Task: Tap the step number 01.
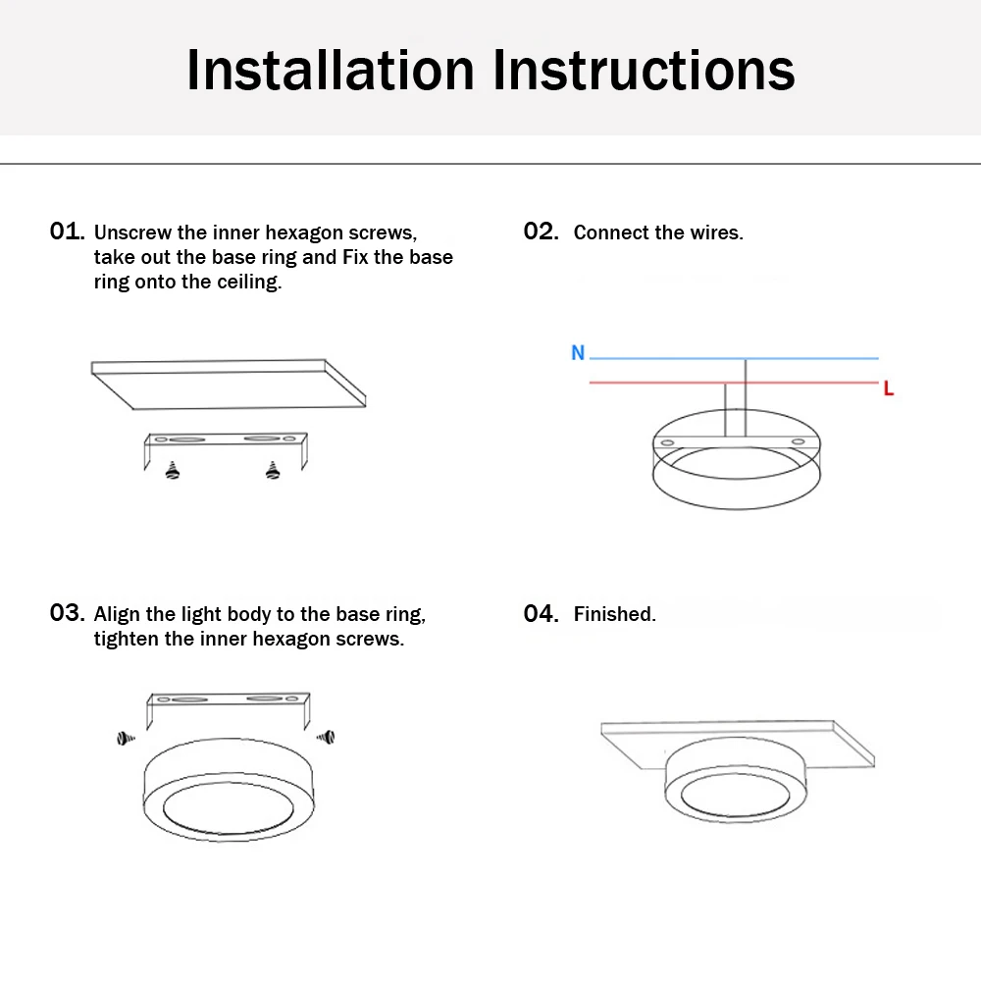pos(67,232)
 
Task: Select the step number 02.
pos(541,232)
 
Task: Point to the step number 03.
pos(67,613)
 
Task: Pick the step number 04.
pos(541,613)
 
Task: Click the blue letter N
pos(578,353)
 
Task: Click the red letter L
pos(889,388)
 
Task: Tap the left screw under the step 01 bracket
pos(174,471)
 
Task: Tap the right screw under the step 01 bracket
pos(273,471)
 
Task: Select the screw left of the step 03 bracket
pos(125,737)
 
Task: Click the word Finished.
pos(614,614)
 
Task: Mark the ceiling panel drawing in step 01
pos(228,386)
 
